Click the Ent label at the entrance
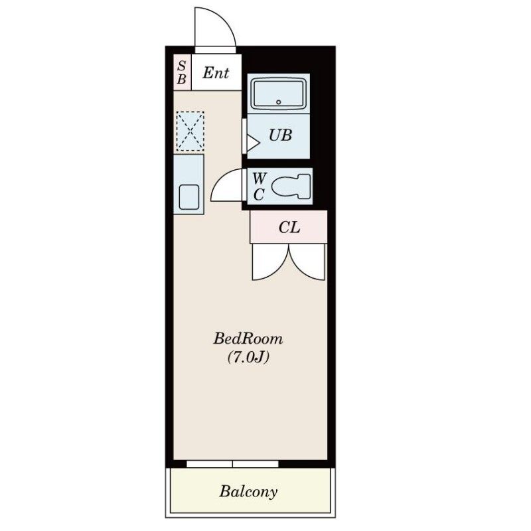[216, 73]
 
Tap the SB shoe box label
[182, 72]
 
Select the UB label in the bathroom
[280, 135]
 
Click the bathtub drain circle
[279, 102]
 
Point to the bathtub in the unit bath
[279, 94]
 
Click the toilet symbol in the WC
[291, 187]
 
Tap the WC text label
[260, 186]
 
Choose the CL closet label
[289, 228]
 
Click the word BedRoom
[248, 339]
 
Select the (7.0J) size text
[248, 357]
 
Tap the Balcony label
[248, 491]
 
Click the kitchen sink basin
[189, 197]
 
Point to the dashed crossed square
[190, 131]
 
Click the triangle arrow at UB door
[253, 143]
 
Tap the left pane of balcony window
[210, 464]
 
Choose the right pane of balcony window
[256, 464]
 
